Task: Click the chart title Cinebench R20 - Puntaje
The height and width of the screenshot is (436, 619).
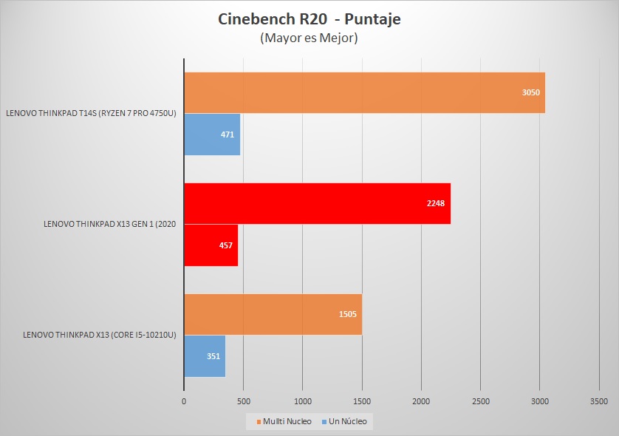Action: (x=309, y=20)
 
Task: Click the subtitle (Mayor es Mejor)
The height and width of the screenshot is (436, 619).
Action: (x=309, y=38)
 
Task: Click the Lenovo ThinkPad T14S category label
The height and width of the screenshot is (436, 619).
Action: (x=91, y=114)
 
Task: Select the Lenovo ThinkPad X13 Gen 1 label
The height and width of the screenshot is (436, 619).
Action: (x=109, y=225)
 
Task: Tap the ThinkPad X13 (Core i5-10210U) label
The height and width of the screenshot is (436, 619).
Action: (x=100, y=335)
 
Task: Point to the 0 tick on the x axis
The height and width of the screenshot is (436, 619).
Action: (x=184, y=401)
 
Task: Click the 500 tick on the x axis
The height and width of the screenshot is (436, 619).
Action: (x=243, y=401)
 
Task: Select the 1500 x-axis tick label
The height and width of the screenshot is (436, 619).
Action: (x=362, y=401)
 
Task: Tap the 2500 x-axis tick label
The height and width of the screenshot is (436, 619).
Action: (x=480, y=401)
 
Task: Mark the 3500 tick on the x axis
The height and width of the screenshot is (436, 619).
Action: (x=599, y=401)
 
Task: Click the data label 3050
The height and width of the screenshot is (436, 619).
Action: (x=531, y=93)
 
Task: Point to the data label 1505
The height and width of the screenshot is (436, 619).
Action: (x=347, y=314)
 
